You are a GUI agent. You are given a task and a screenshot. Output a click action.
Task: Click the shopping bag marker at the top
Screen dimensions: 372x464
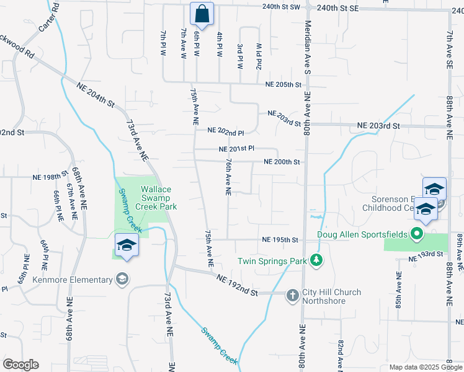coord(202,13)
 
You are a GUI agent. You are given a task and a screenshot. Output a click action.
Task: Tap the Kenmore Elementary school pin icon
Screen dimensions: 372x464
coord(123,279)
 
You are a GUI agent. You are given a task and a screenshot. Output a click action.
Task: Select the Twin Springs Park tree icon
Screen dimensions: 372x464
coord(316,261)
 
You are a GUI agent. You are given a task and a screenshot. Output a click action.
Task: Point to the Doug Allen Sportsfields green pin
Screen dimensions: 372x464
coord(417,234)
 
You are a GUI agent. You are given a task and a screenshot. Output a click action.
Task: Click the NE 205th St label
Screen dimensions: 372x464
coord(283,84)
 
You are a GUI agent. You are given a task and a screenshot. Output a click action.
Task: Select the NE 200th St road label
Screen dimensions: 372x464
coord(282,162)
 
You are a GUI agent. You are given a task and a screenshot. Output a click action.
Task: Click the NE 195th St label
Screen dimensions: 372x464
coord(280,240)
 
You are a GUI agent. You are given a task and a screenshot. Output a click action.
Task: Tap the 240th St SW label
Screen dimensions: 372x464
coord(281,7)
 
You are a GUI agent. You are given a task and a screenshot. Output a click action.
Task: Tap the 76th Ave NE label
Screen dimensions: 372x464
coord(229,177)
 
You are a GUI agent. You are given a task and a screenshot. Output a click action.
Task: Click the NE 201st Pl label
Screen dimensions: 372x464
coord(237,149)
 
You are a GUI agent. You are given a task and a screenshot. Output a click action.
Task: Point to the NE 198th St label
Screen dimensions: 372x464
coord(50,177)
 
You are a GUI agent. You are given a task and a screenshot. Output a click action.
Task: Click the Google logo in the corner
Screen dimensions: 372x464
coord(21,365)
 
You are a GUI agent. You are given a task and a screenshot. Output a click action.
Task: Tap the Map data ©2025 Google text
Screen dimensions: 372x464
coord(425,367)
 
